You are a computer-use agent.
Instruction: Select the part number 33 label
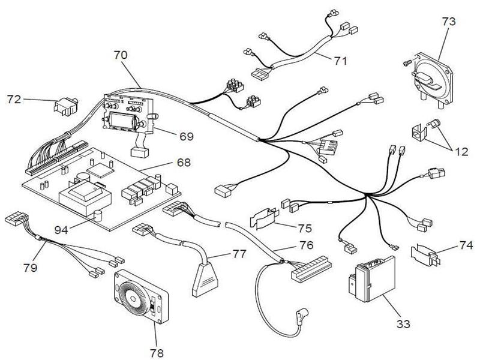tap(404, 324)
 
